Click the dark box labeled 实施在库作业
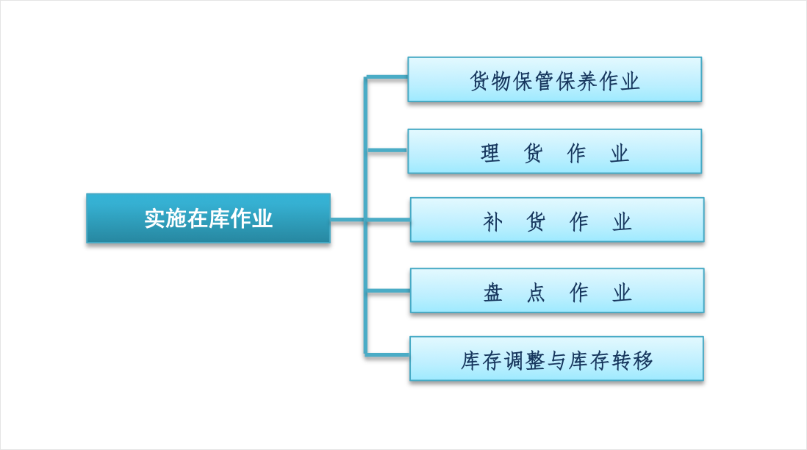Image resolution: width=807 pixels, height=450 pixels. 208,218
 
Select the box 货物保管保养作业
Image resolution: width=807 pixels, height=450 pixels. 554,80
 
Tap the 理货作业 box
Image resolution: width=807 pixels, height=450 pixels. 554,151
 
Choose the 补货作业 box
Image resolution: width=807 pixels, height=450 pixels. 557,220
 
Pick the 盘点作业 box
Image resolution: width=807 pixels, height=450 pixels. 557,291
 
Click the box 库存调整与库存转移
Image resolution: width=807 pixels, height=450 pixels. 556,359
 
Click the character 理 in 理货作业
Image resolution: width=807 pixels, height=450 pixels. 490,153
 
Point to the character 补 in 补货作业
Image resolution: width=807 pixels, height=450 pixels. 492,222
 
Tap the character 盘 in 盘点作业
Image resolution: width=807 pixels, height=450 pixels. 492,293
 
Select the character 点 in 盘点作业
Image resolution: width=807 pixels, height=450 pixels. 536,293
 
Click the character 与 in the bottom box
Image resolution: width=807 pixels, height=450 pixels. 556,361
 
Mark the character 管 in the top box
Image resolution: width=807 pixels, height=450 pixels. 543,82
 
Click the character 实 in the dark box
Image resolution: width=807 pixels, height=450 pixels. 154,219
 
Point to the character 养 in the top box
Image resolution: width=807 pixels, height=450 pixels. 587,82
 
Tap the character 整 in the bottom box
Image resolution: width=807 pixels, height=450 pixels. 535,361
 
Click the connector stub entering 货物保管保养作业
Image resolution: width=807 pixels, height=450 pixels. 387,78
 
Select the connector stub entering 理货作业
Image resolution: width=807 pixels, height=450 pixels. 387,150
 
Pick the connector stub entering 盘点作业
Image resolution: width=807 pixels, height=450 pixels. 388,291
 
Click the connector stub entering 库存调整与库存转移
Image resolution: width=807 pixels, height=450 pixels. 387,354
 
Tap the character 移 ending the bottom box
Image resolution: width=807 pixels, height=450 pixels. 643,361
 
